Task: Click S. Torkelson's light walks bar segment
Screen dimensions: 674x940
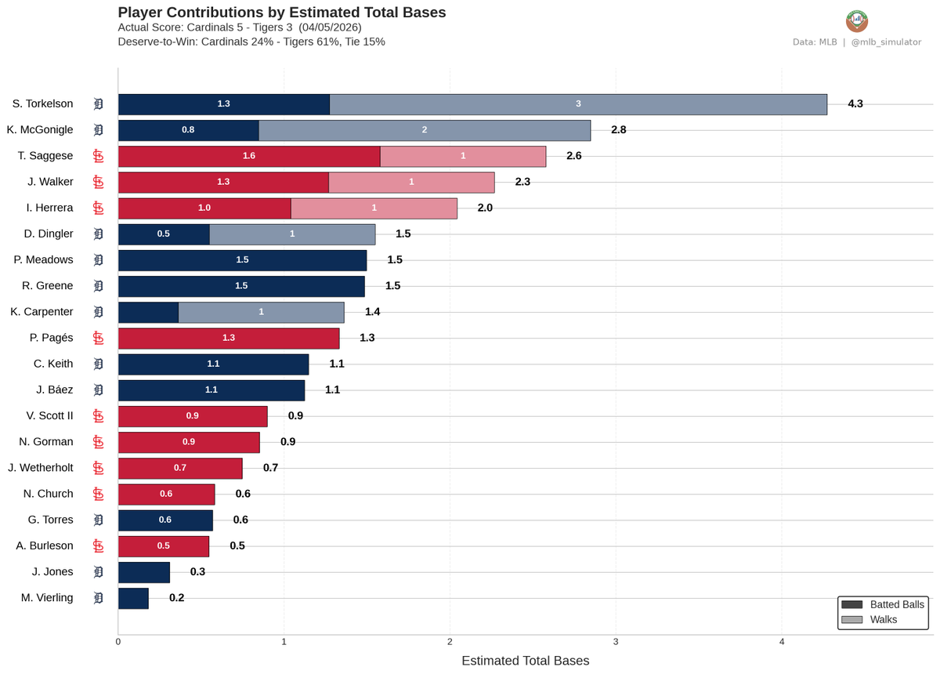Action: (578, 104)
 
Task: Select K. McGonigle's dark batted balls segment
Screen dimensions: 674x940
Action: (188, 130)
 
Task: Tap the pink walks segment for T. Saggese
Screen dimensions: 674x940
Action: (463, 156)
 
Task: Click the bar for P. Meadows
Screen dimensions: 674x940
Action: (242, 260)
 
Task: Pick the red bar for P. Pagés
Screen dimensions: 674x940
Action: (229, 338)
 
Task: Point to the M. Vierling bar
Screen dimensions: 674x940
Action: (133, 598)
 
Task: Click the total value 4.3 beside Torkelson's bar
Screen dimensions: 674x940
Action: (855, 104)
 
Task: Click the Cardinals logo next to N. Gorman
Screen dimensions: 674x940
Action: (99, 442)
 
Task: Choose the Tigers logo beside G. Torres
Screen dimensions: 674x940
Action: (99, 520)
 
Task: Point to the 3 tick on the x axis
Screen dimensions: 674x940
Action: (616, 642)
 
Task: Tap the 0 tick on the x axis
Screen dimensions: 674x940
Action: (118, 642)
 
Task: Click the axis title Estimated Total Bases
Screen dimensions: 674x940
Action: (525, 661)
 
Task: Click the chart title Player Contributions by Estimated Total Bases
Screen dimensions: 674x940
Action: (282, 13)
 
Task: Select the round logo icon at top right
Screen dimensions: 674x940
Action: (857, 21)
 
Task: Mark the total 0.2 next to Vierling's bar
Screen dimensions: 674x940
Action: (177, 598)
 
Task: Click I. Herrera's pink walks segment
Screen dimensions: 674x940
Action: (374, 208)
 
